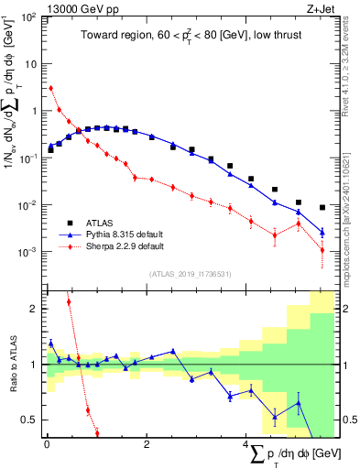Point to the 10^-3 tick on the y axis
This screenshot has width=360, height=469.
[x=28, y=251]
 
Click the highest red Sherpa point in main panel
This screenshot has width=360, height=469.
[x=51, y=89]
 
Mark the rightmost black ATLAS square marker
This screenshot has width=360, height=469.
[x=322, y=207]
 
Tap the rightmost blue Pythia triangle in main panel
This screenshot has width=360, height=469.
[x=322, y=232]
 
